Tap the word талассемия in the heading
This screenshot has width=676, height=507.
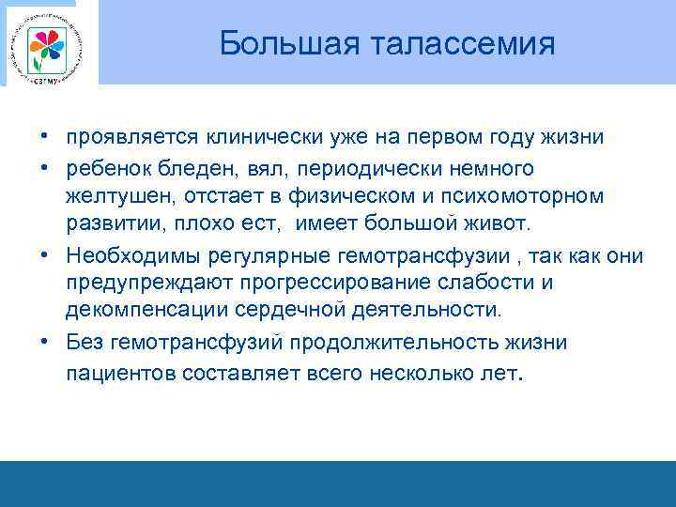pos(460,42)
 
